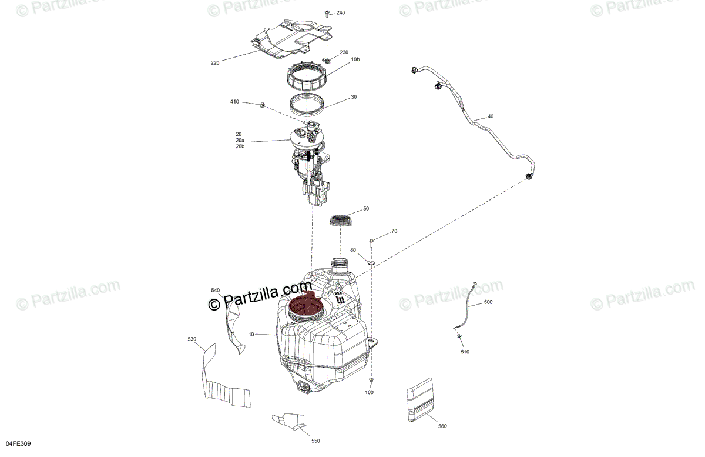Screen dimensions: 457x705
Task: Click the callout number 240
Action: coord(341,13)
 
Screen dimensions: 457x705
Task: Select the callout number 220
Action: coord(215,62)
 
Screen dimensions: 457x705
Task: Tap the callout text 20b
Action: coord(240,146)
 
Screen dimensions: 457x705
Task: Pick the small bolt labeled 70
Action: coord(372,241)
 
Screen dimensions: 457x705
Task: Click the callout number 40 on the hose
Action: coord(491,116)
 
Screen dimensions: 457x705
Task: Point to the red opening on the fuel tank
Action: coord(304,306)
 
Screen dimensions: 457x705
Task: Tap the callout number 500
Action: coord(488,302)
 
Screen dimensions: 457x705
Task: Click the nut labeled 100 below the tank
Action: coord(371,381)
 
